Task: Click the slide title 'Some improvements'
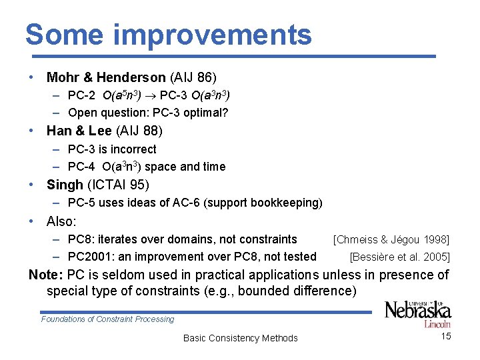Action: [168, 35]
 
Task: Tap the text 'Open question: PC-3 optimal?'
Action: [148, 113]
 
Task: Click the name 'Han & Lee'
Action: [75, 131]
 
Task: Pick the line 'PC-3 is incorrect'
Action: [112, 149]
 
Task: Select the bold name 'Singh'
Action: [65, 185]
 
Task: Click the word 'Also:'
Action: [61, 221]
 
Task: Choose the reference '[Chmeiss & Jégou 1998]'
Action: [391, 239]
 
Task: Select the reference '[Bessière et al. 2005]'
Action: [399, 257]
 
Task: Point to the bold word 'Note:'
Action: [46, 275]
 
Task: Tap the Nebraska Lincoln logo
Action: [417, 313]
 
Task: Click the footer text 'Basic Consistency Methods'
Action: [240, 338]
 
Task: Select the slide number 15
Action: [446, 336]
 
